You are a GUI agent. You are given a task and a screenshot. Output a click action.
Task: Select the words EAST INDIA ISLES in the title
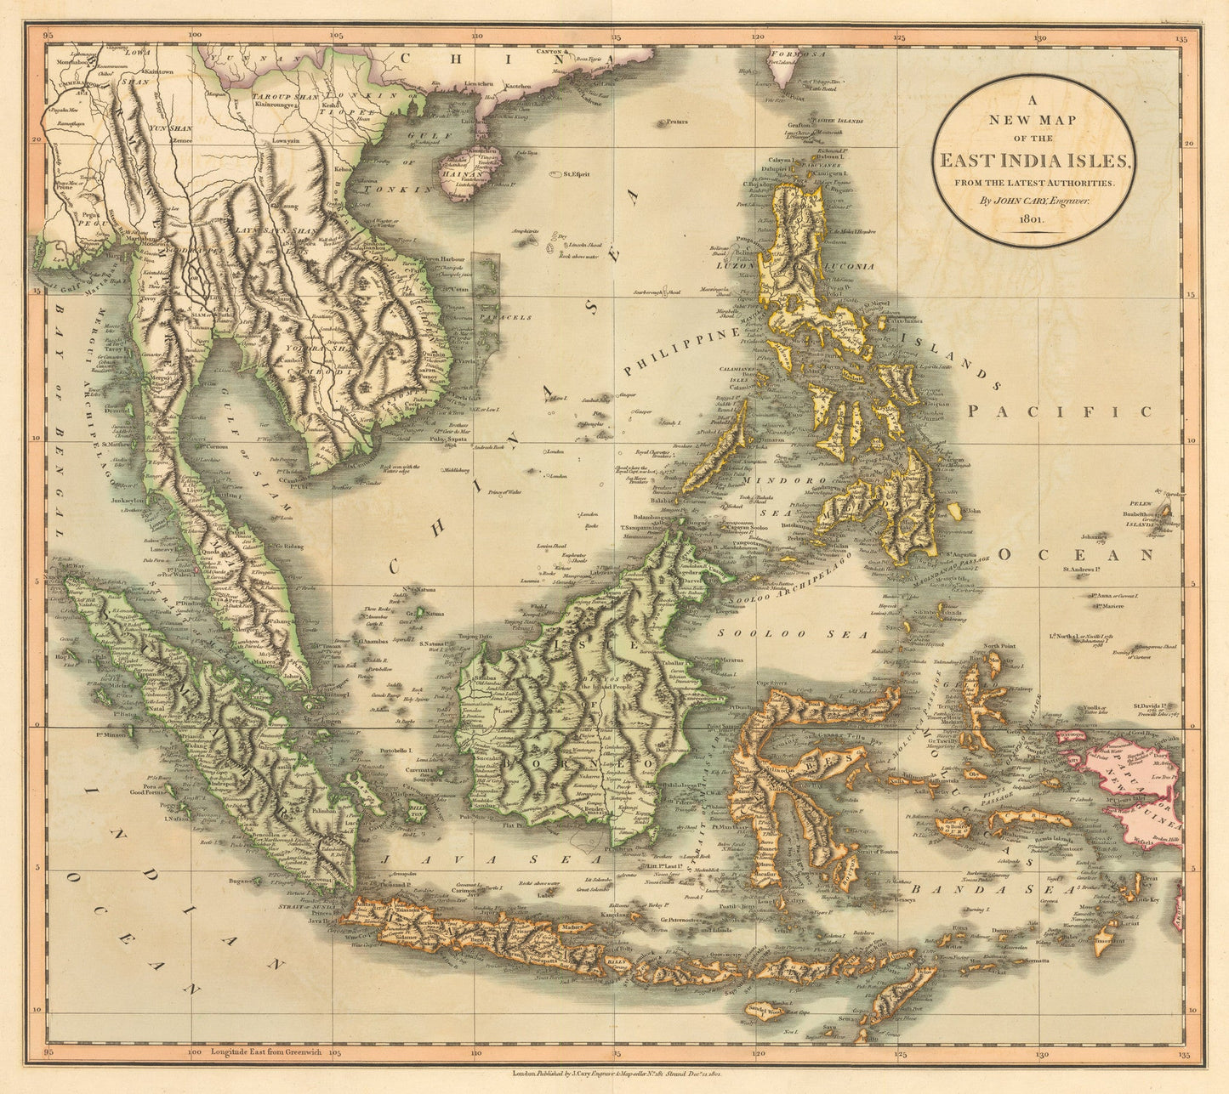[1034, 161]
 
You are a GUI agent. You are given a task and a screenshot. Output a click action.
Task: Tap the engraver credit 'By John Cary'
[1034, 201]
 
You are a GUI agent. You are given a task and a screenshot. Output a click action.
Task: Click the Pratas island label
[677, 122]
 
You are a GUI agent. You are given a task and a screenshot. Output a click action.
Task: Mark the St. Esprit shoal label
[576, 175]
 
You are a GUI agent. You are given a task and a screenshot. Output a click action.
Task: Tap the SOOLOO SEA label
[792, 634]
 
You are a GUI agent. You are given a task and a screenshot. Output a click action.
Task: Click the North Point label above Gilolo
[1000, 646]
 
